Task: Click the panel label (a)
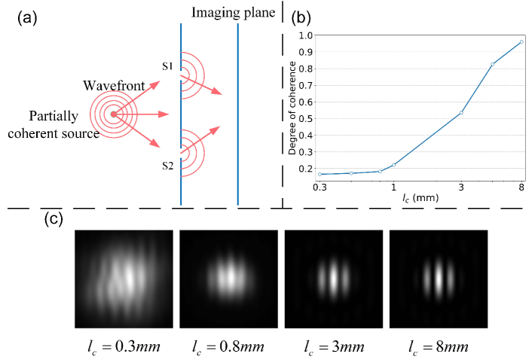click(28, 18)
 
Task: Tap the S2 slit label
click(169, 165)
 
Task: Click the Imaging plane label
click(233, 13)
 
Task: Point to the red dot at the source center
click(112, 114)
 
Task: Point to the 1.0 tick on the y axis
click(306, 35)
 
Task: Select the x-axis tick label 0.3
click(320, 187)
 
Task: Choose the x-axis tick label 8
click(521, 187)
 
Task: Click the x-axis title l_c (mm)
click(420, 197)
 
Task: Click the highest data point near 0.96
click(521, 41)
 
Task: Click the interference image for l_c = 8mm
click(438, 279)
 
